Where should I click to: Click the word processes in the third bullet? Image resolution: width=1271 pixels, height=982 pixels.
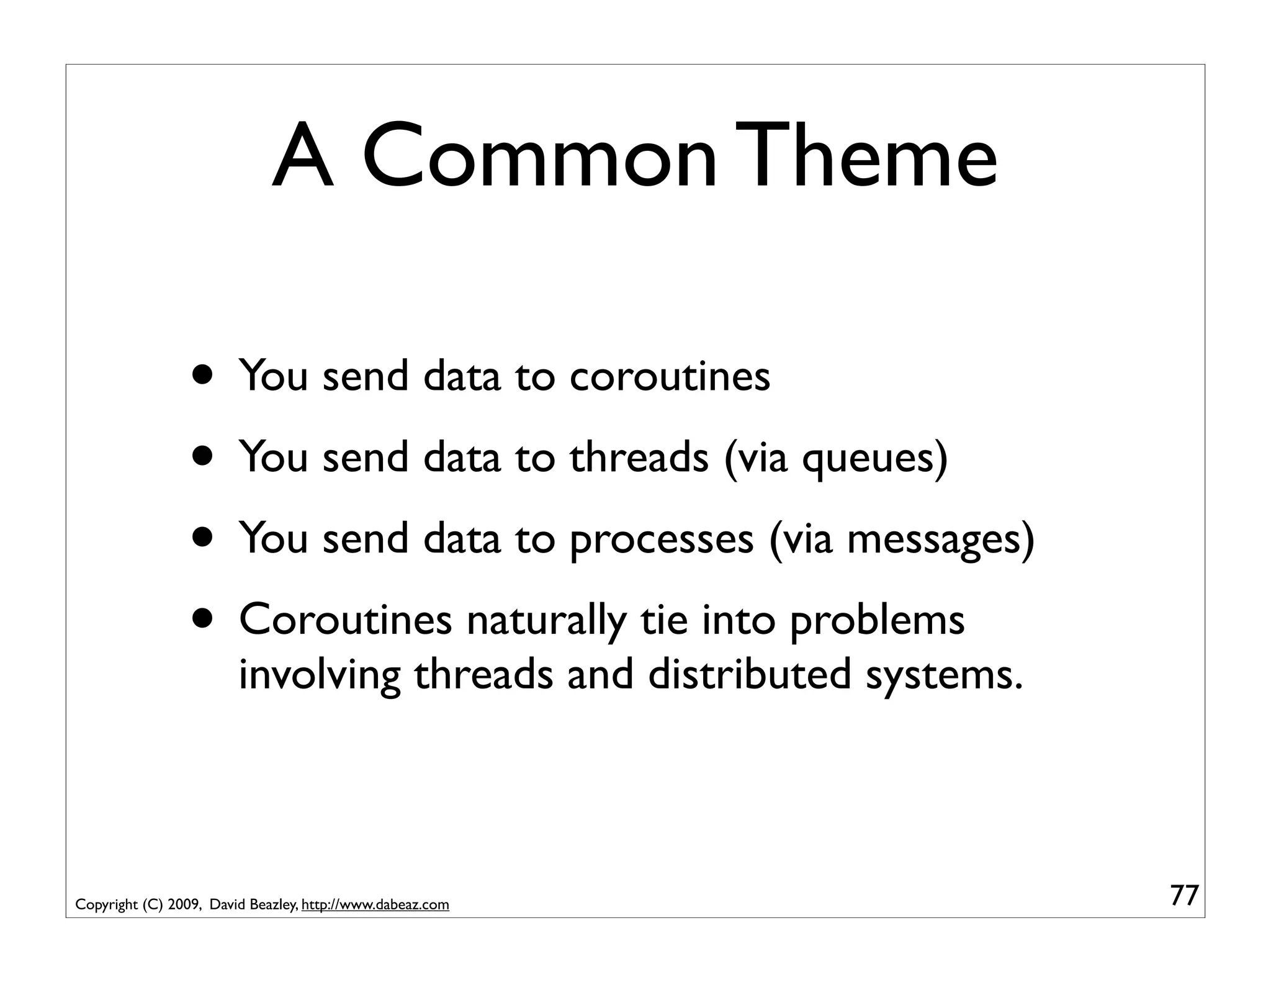661,539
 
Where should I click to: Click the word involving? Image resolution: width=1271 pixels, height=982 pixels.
319,675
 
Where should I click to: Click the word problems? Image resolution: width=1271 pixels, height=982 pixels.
877,621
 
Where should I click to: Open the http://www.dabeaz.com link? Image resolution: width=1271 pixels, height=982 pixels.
375,905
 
